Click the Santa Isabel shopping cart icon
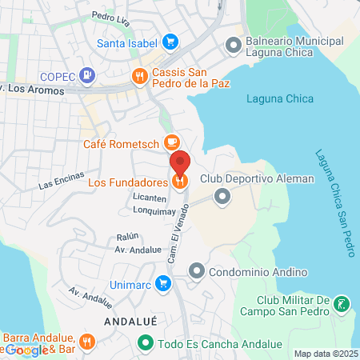click(x=170, y=42)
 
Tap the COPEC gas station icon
click(x=88, y=76)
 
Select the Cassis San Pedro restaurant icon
click(x=140, y=76)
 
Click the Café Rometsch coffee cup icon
click(x=170, y=142)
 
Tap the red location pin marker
click(x=180, y=164)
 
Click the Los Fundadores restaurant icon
click(x=180, y=181)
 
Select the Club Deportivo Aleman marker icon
click(x=222, y=195)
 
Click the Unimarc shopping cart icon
click(x=163, y=283)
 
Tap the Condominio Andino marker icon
click(x=197, y=272)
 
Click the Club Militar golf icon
click(x=342, y=304)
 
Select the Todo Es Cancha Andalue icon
click(x=145, y=344)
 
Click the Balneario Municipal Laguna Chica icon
click(x=234, y=43)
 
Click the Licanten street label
click(x=150, y=198)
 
